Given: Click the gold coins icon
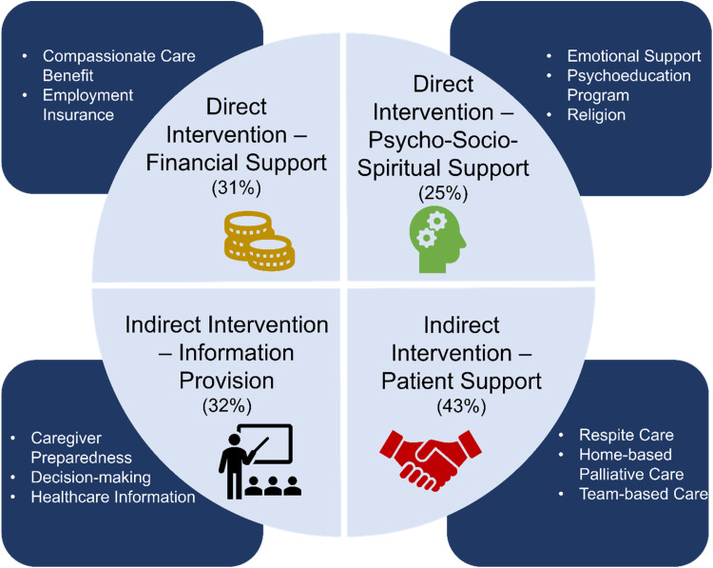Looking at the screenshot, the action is (260, 242).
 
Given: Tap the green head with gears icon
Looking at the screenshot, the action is (437, 240).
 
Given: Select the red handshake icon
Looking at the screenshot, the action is (430, 460).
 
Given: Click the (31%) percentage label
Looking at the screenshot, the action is (237, 188).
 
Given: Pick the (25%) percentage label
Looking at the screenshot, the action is (443, 193).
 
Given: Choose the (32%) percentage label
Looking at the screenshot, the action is (227, 405).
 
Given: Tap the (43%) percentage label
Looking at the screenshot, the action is (461, 406).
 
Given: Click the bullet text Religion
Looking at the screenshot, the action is (596, 115).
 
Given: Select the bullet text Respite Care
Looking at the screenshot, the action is (626, 435).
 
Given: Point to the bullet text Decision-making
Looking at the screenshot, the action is (91, 478).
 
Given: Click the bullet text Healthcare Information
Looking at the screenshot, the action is (113, 497).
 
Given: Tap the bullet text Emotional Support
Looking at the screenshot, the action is (634, 56).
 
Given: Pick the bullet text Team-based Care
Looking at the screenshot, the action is (644, 495).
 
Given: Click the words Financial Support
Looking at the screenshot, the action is (237, 163).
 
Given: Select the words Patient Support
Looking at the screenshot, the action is (461, 382).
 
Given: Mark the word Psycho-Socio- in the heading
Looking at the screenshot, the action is (443, 140).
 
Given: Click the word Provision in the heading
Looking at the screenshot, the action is (227, 381).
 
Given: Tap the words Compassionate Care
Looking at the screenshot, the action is (119, 56).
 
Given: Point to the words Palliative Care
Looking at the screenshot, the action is (631, 475).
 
